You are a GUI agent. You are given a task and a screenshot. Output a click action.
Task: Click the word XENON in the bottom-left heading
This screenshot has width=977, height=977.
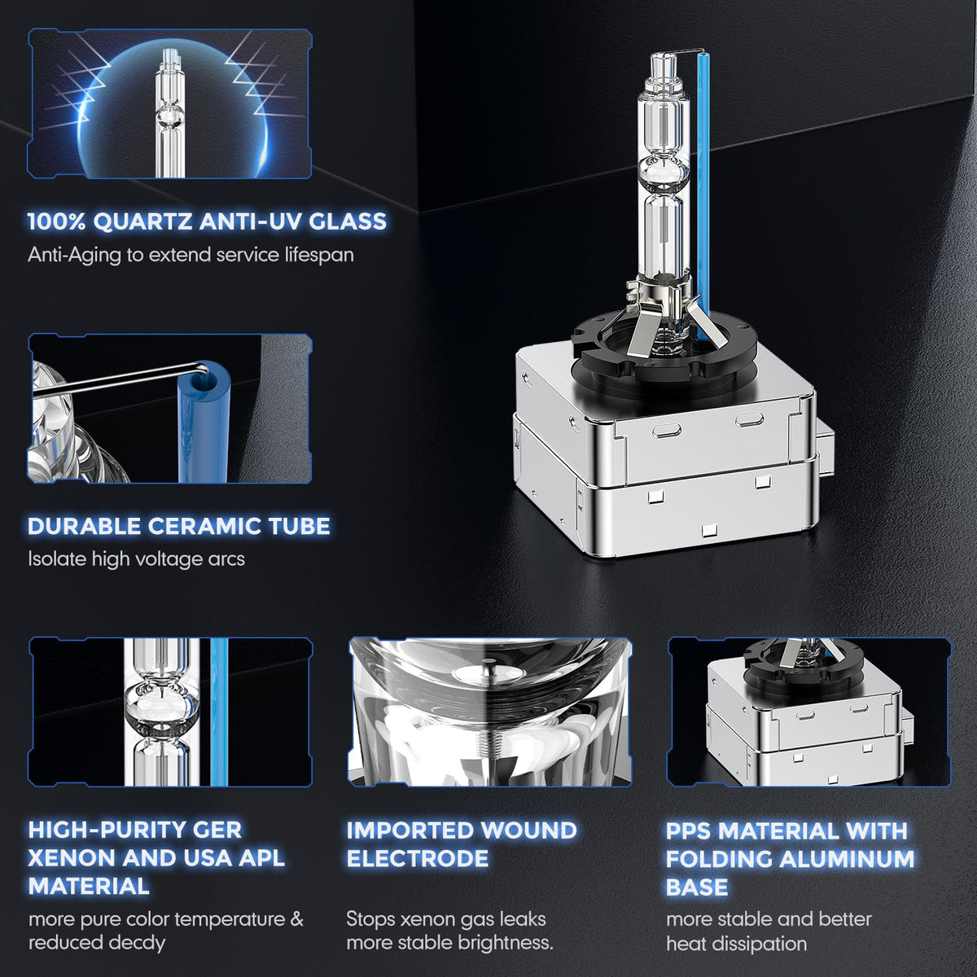[x=72, y=858]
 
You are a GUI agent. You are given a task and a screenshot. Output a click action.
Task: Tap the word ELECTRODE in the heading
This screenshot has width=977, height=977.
[x=418, y=858]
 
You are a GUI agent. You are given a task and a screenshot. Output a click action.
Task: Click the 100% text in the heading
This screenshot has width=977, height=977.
[x=57, y=221]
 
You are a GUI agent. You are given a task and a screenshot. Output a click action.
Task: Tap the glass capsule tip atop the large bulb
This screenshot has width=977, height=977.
[x=664, y=65]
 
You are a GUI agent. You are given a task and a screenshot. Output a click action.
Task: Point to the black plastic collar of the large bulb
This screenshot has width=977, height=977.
[x=664, y=350]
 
